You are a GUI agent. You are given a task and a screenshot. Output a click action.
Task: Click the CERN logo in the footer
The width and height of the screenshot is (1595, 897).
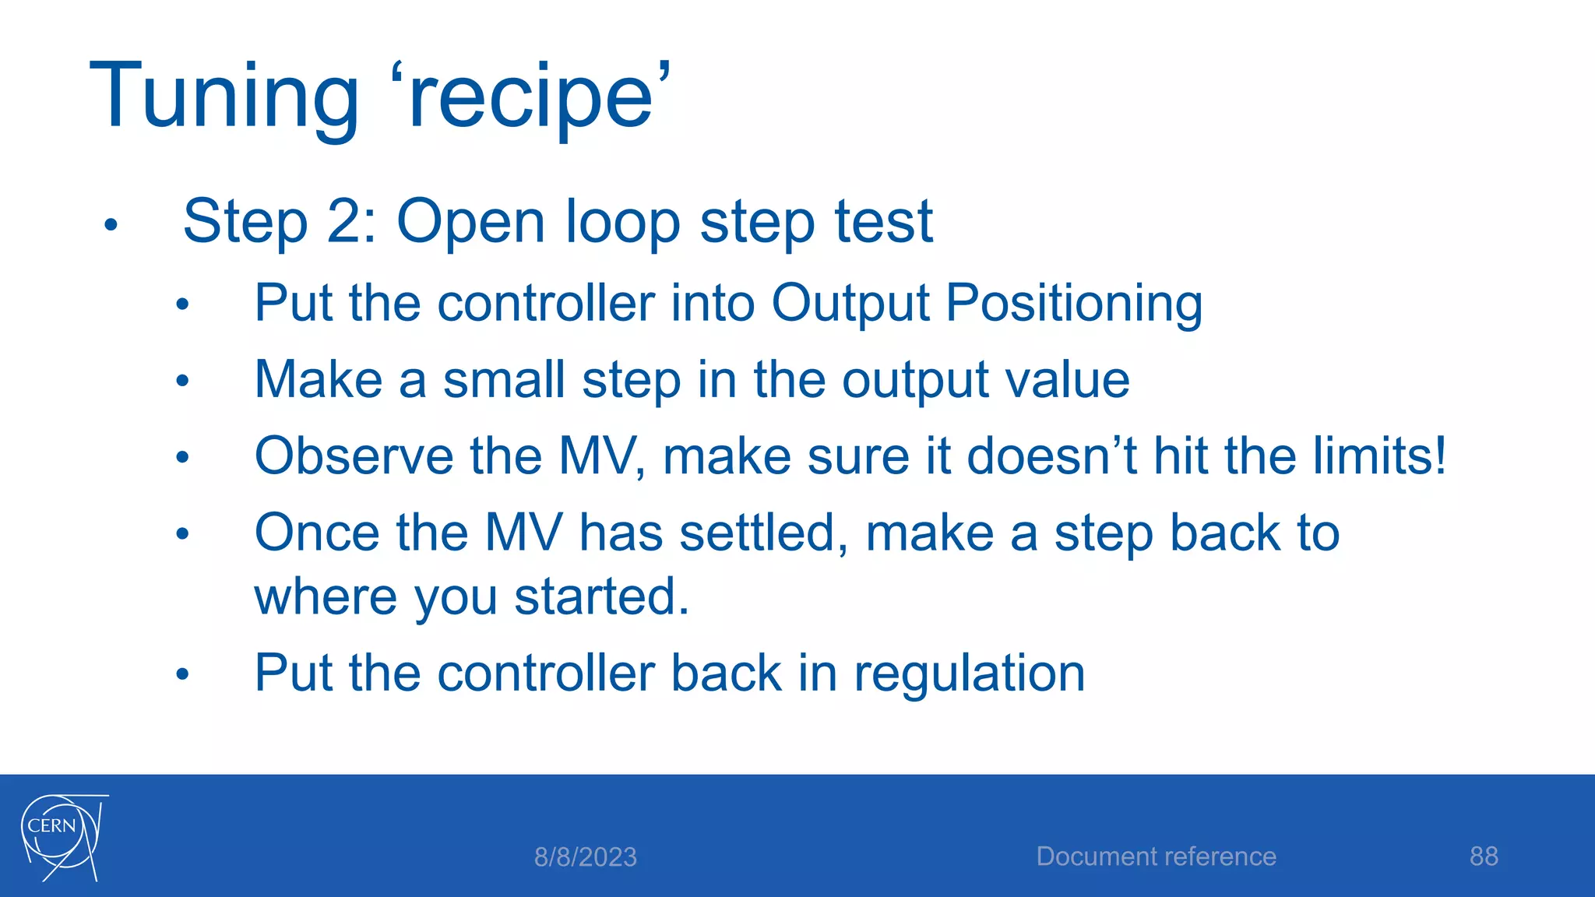pos(62,837)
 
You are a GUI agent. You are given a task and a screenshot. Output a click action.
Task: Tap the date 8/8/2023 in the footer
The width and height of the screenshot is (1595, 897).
pos(585,857)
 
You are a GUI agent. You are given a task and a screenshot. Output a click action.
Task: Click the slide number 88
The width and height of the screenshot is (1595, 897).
pos(1484,857)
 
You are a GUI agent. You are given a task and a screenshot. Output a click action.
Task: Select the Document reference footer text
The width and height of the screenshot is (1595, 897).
pos(1156,857)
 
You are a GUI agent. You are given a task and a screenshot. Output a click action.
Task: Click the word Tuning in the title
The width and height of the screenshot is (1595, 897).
pos(224,97)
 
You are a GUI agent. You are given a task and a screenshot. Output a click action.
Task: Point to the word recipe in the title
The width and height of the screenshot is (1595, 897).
pos(530,97)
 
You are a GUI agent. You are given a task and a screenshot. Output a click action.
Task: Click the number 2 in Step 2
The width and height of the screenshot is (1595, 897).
pos(343,222)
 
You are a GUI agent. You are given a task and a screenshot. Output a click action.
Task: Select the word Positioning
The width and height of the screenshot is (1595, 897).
pos(1074,304)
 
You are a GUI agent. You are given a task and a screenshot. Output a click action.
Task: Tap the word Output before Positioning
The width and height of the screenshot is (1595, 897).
pos(850,304)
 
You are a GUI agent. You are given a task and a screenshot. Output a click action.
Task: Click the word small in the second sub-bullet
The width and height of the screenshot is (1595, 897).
pos(504,380)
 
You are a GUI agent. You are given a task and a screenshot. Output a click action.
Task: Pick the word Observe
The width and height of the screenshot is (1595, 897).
pos(354,456)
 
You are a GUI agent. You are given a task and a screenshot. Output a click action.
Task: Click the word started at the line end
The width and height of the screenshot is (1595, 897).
pos(601,597)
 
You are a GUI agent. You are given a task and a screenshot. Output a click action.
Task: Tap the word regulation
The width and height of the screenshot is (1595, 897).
pos(969,674)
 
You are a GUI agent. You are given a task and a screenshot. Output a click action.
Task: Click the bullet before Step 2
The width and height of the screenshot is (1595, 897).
pos(111,226)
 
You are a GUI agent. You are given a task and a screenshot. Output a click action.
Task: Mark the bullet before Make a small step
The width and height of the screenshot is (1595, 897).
pos(182,382)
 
